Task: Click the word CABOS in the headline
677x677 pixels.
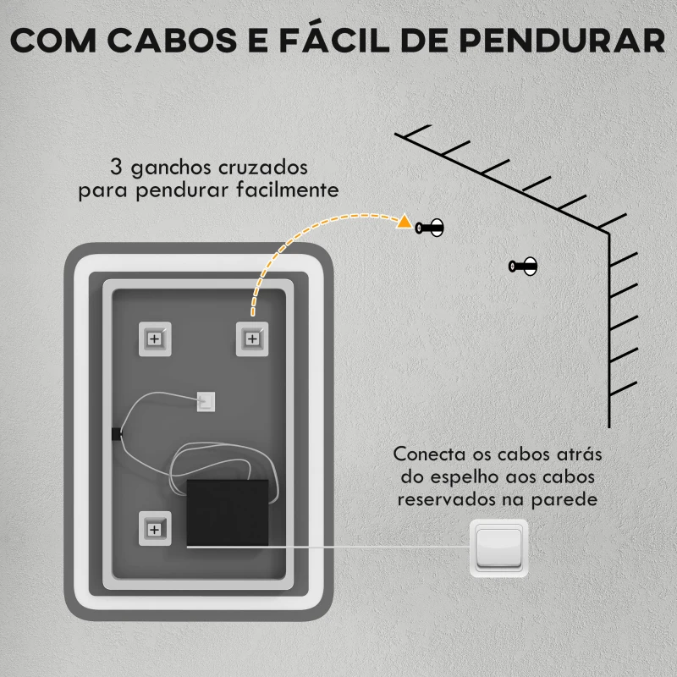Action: coord(172,41)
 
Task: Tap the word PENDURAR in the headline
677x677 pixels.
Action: coord(562,41)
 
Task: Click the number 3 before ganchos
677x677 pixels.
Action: coord(116,167)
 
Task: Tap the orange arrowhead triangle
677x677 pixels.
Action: coord(405,222)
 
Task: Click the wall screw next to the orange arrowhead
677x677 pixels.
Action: coord(429,228)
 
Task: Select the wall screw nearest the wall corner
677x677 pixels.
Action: coord(523,266)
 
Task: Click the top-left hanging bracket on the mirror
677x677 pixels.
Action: coord(155,339)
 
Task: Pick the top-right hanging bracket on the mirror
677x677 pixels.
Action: coord(252,339)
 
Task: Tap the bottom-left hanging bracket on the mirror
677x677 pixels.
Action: coord(155,529)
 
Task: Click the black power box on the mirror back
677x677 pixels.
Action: coord(228,514)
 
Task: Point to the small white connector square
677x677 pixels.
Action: coord(206,401)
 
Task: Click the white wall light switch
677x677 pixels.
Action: coord(498,548)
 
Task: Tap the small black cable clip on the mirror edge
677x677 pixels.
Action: coord(116,434)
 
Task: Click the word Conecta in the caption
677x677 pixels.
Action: coord(430,454)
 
